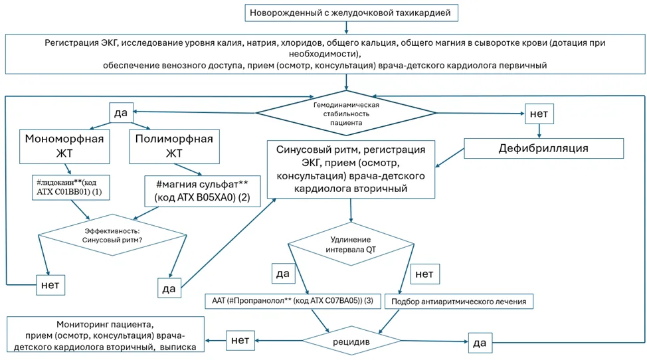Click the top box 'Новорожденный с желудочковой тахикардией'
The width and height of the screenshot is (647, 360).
(x=351, y=13)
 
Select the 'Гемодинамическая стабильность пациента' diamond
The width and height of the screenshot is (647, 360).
(x=346, y=114)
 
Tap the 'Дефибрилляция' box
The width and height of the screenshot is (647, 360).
(x=543, y=149)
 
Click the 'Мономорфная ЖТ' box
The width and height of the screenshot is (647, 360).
(x=64, y=146)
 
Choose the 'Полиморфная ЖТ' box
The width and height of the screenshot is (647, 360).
(x=174, y=146)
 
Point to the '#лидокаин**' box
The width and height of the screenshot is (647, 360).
(x=71, y=187)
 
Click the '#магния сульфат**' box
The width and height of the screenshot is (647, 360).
(x=202, y=191)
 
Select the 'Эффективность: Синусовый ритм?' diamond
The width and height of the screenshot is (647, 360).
(x=112, y=235)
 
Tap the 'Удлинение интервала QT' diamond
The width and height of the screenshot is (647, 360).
(x=351, y=244)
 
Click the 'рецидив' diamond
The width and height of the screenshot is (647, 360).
(x=351, y=341)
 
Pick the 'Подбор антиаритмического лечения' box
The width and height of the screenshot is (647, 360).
(x=459, y=302)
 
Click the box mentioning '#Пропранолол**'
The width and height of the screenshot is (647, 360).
(x=292, y=301)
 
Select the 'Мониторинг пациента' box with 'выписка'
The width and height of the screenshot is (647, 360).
(x=106, y=335)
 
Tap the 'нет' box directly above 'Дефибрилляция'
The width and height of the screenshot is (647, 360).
(x=539, y=114)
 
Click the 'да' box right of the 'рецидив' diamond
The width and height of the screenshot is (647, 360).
(x=480, y=343)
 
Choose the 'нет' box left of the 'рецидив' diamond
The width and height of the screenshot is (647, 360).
(x=240, y=340)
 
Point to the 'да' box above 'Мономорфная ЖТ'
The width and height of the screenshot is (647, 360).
(x=121, y=112)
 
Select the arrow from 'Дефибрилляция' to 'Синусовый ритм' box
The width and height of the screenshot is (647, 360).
(x=450, y=158)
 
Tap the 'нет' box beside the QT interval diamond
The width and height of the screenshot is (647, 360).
(x=424, y=274)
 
